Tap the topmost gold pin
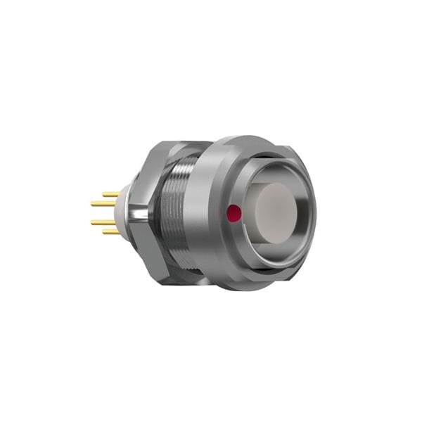coord(111,194)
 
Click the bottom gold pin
coord(111,231)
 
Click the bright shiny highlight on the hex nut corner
coord(140,211)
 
